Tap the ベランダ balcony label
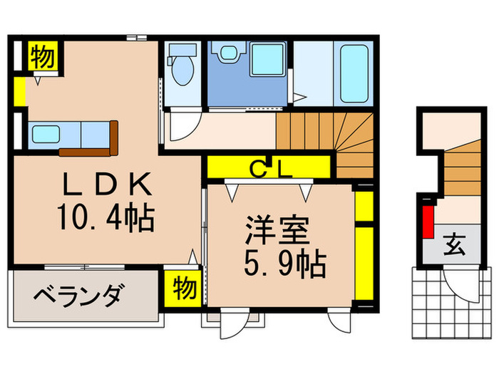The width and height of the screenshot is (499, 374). (x=79, y=294)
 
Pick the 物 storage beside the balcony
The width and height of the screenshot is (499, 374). (x=184, y=289)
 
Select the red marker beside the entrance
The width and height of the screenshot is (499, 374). (x=429, y=222)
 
